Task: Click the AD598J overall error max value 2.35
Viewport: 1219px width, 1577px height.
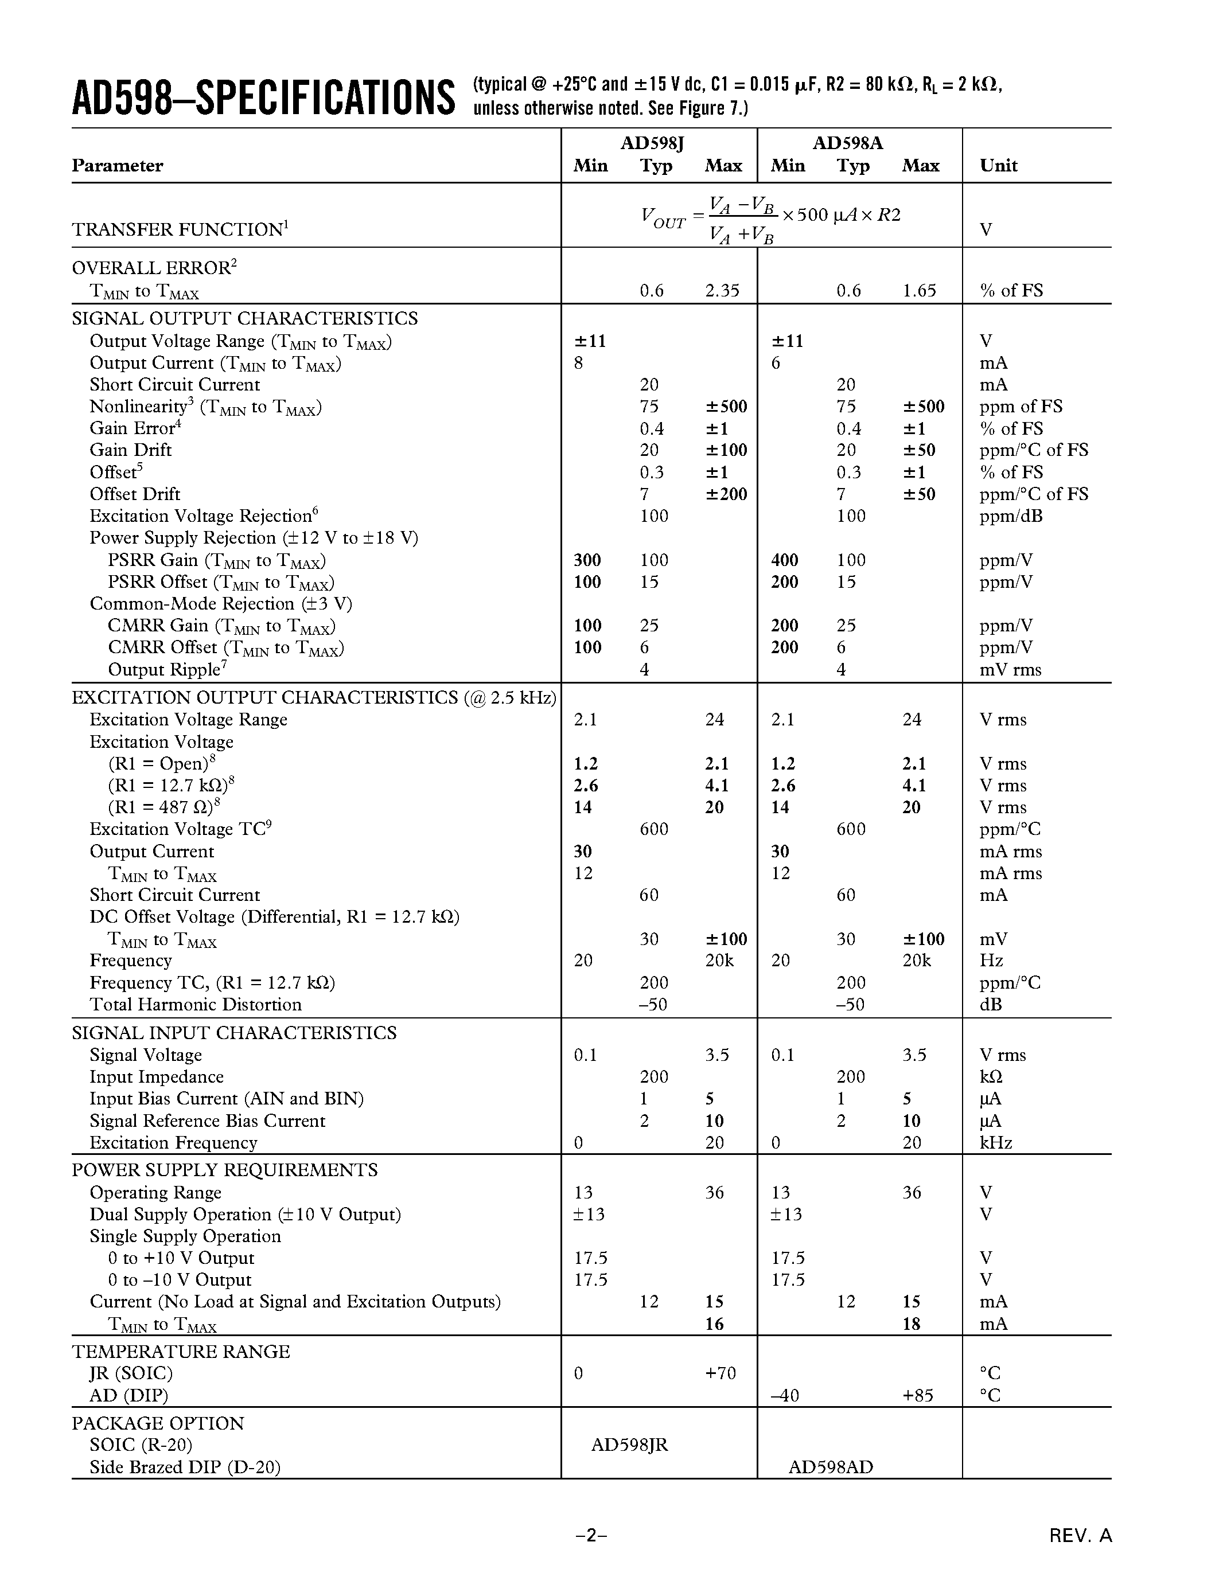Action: click(x=722, y=290)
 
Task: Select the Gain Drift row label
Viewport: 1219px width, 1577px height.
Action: click(x=131, y=450)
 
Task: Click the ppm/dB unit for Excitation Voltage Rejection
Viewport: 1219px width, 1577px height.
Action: click(x=1011, y=516)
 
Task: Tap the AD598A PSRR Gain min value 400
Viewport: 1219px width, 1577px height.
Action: click(x=784, y=560)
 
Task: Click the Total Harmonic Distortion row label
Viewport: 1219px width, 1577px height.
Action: click(x=196, y=1004)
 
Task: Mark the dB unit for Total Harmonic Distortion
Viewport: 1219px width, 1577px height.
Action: click(x=991, y=1004)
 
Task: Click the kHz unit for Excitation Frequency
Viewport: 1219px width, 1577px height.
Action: click(x=996, y=1142)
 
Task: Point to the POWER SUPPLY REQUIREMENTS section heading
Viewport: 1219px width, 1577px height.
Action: click(x=225, y=1170)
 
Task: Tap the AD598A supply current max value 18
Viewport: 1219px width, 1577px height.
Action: click(x=912, y=1324)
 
